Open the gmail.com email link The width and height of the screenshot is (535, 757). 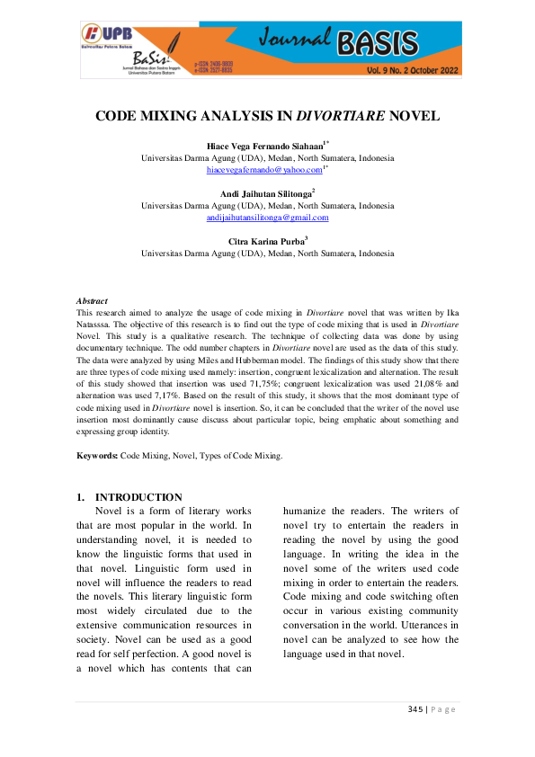(267, 217)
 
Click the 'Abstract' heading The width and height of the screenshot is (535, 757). (92, 301)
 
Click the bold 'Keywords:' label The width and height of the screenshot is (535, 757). (97, 457)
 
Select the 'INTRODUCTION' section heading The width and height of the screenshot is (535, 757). (138, 497)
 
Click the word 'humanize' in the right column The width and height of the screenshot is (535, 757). (308, 511)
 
